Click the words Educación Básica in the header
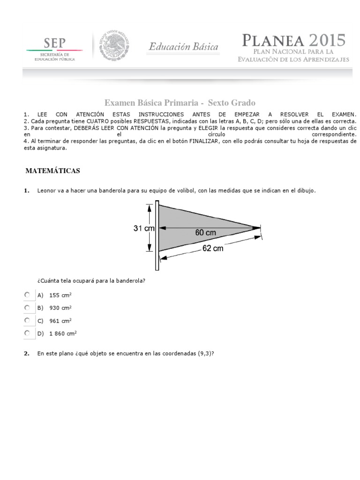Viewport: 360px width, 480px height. pyautogui.click(x=183, y=47)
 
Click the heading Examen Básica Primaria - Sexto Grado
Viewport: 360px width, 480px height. pyautogui.click(x=180, y=103)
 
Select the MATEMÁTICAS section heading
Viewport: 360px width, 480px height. pyautogui.click(x=52, y=171)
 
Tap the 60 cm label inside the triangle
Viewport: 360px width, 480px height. pyautogui.click(x=206, y=232)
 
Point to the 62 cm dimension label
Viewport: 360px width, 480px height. pyautogui.click(x=213, y=248)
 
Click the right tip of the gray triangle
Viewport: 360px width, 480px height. pyautogui.click(x=259, y=227)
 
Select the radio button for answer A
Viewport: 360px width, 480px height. pyautogui.click(x=27, y=295)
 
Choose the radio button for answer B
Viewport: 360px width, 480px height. pyautogui.click(x=27, y=307)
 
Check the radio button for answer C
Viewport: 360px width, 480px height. pyautogui.click(x=27, y=320)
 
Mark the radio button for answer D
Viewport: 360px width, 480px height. pyautogui.click(x=27, y=333)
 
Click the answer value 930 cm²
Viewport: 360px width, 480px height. pyautogui.click(x=60, y=308)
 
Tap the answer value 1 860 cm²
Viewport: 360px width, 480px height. pyautogui.click(x=63, y=333)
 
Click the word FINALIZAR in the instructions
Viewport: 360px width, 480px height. pyautogui.click(x=204, y=141)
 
